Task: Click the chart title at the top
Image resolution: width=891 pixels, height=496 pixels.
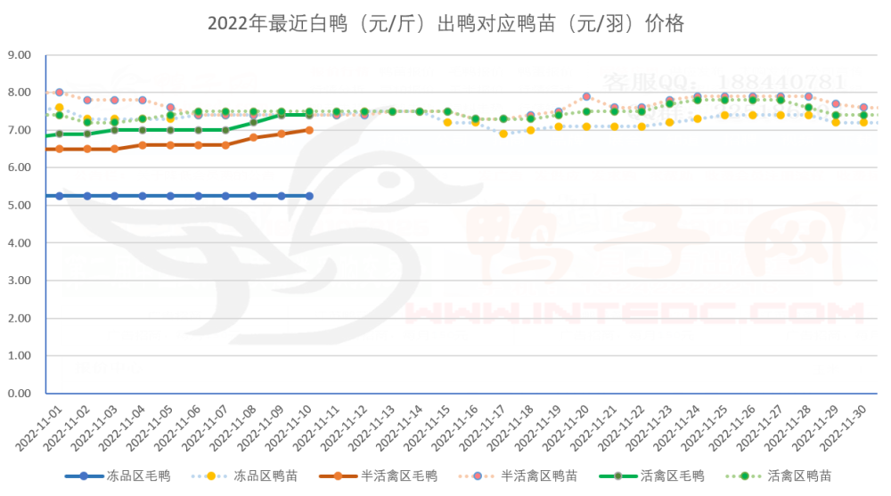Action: tap(445, 23)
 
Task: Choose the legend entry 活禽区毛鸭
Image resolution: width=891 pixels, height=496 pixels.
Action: tap(674, 476)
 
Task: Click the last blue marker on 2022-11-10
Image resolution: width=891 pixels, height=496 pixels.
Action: tap(309, 196)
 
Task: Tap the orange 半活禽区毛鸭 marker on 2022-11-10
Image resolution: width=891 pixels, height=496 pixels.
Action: tap(309, 130)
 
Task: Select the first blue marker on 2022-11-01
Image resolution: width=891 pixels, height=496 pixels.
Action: tap(60, 196)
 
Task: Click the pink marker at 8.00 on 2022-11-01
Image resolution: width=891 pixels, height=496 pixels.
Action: tap(60, 93)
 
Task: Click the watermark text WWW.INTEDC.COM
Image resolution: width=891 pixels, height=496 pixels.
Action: tap(633, 313)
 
